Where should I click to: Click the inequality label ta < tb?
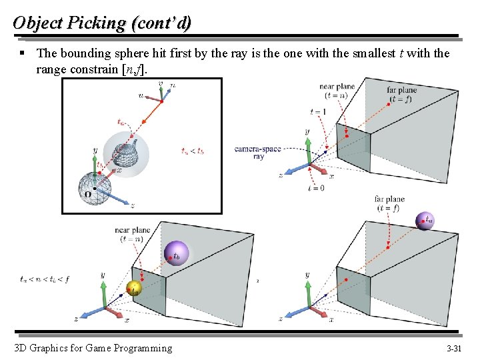coord(192,151)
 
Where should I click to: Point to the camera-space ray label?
coord(257,152)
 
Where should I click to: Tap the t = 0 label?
coord(317,189)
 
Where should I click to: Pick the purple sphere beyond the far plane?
coord(425,220)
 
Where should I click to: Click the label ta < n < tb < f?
coord(45,279)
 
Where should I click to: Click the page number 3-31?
coord(454,348)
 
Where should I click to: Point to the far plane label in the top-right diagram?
coord(401,94)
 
